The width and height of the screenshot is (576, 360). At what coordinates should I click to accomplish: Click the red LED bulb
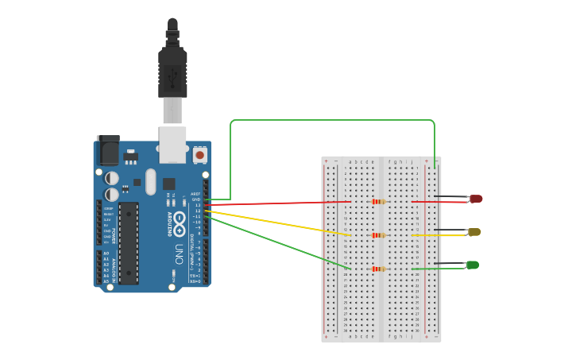[x=476, y=199]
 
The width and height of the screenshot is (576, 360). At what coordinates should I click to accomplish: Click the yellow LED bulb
[x=474, y=232]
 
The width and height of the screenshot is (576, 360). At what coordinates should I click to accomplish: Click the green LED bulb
[x=473, y=265]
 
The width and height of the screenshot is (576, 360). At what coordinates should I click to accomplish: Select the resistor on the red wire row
[x=379, y=202]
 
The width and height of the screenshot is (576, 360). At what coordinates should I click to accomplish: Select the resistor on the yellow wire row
[x=379, y=235]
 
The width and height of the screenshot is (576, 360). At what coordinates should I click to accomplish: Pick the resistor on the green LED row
[x=379, y=269]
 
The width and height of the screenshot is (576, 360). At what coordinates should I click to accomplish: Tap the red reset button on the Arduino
[x=199, y=153]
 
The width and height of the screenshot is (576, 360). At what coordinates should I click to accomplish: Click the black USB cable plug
[x=172, y=72]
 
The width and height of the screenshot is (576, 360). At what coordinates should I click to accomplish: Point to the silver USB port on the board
[x=172, y=144]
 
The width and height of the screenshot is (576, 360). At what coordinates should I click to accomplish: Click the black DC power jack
[x=107, y=150]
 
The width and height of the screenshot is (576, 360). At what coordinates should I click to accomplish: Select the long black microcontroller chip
[x=128, y=242]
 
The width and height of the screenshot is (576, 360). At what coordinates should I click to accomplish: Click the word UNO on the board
[x=180, y=253]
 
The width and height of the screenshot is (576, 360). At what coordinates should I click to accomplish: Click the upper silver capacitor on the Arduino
[x=113, y=178]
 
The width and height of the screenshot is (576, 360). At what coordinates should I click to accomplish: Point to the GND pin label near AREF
[x=196, y=199]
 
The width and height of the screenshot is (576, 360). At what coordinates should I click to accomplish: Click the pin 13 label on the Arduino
[x=197, y=205]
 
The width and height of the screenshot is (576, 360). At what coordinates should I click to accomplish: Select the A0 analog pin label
[x=106, y=254]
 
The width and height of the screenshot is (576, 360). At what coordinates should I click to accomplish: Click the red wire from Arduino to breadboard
[x=278, y=203]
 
